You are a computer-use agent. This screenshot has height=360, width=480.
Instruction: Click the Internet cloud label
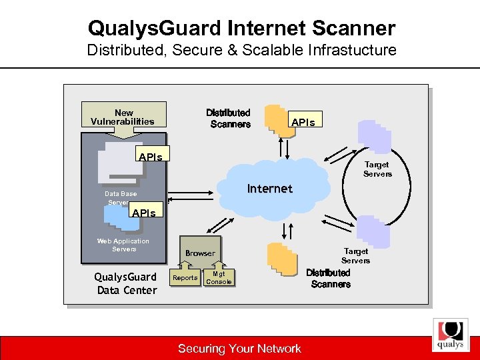[269, 189]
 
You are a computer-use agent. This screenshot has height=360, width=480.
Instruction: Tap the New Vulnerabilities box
[123, 117]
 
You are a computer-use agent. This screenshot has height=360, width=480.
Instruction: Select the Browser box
[200, 253]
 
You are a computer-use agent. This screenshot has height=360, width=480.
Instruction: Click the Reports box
[185, 277]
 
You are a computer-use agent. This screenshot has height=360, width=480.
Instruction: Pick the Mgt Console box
[219, 277]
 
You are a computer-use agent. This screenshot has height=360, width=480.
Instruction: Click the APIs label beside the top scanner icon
[306, 121]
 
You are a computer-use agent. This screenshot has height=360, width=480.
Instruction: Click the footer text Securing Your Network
[239, 348]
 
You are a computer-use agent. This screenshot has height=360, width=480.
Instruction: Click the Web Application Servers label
[123, 245]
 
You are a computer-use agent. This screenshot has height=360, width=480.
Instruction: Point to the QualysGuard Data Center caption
[125, 283]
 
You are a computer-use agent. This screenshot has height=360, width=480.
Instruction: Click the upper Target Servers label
[377, 169]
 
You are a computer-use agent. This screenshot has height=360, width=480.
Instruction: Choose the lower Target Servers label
[355, 255]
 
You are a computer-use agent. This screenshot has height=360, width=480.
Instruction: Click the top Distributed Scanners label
[229, 119]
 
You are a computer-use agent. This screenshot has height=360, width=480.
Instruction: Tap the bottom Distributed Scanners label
[329, 279]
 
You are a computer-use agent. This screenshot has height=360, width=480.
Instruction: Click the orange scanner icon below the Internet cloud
[281, 259]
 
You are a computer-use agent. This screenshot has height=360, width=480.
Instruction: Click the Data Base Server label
[119, 197]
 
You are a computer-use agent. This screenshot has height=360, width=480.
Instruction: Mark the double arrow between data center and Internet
[193, 197]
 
